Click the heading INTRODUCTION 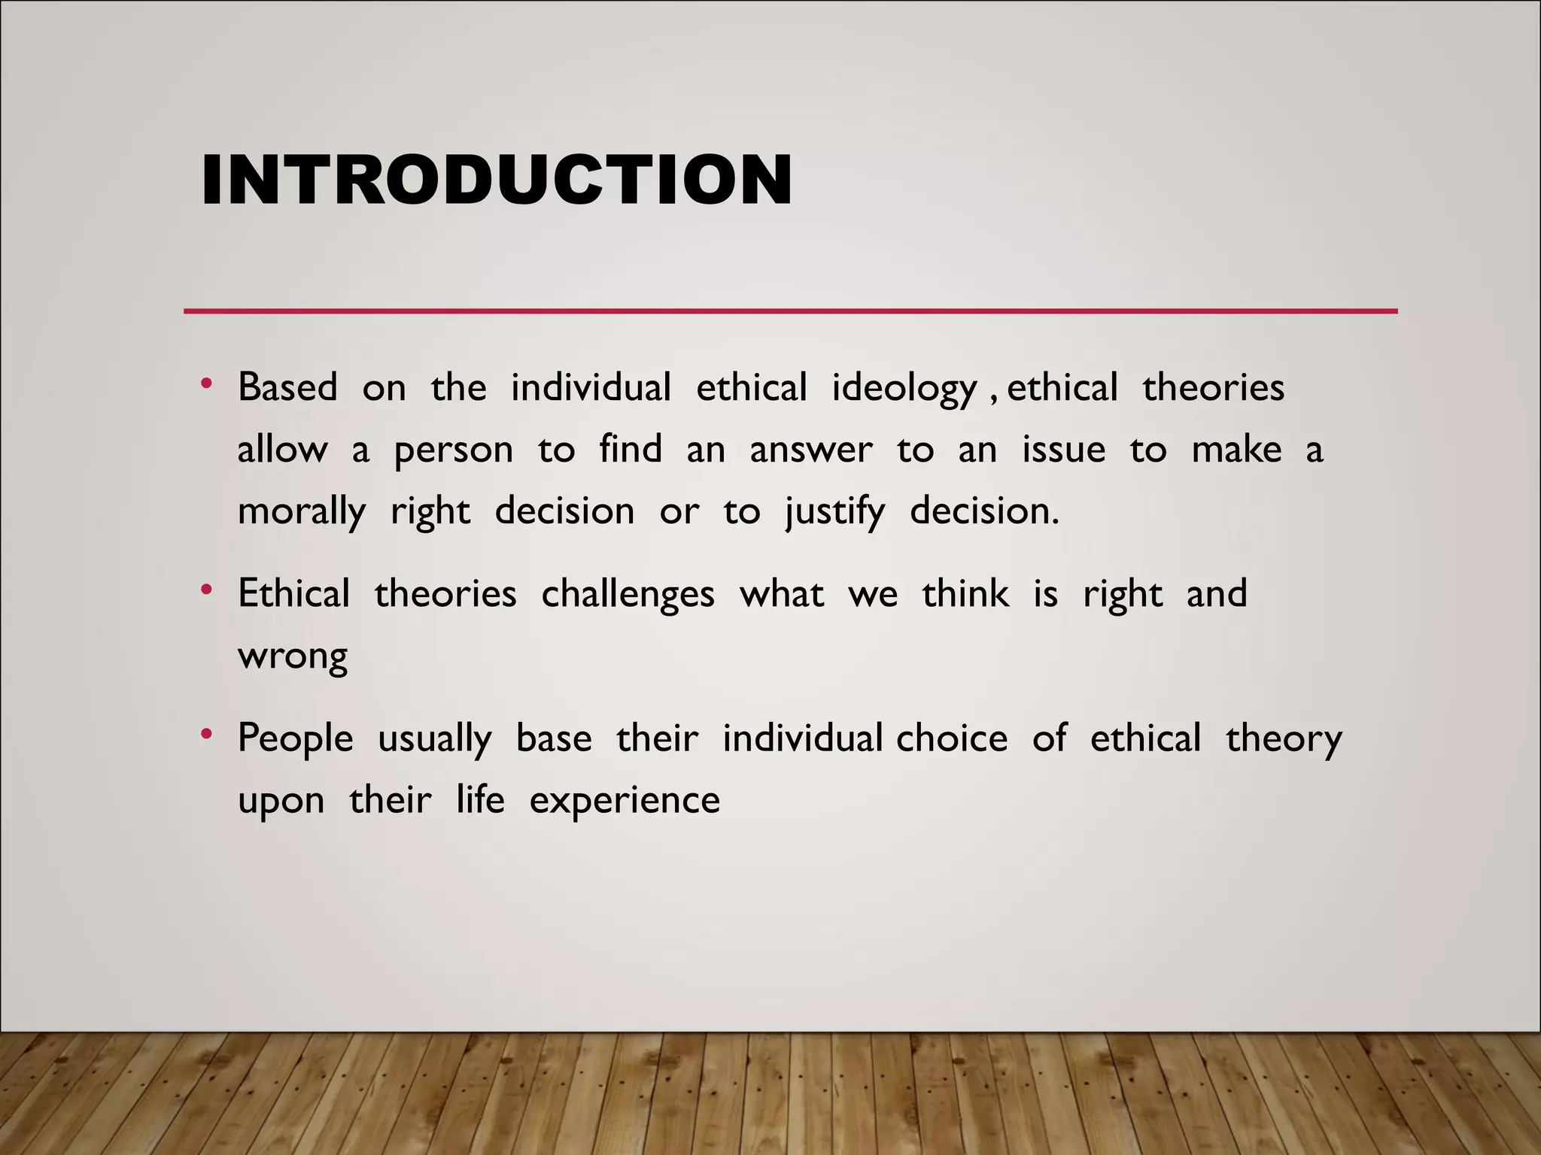(x=497, y=180)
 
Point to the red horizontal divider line (x=790, y=311)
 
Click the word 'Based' (x=287, y=388)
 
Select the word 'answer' (x=811, y=450)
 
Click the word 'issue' (x=1064, y=450)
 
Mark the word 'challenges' (x=628, y=595)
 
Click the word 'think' (x=965, y=594)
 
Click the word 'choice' (x=952, y=738)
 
